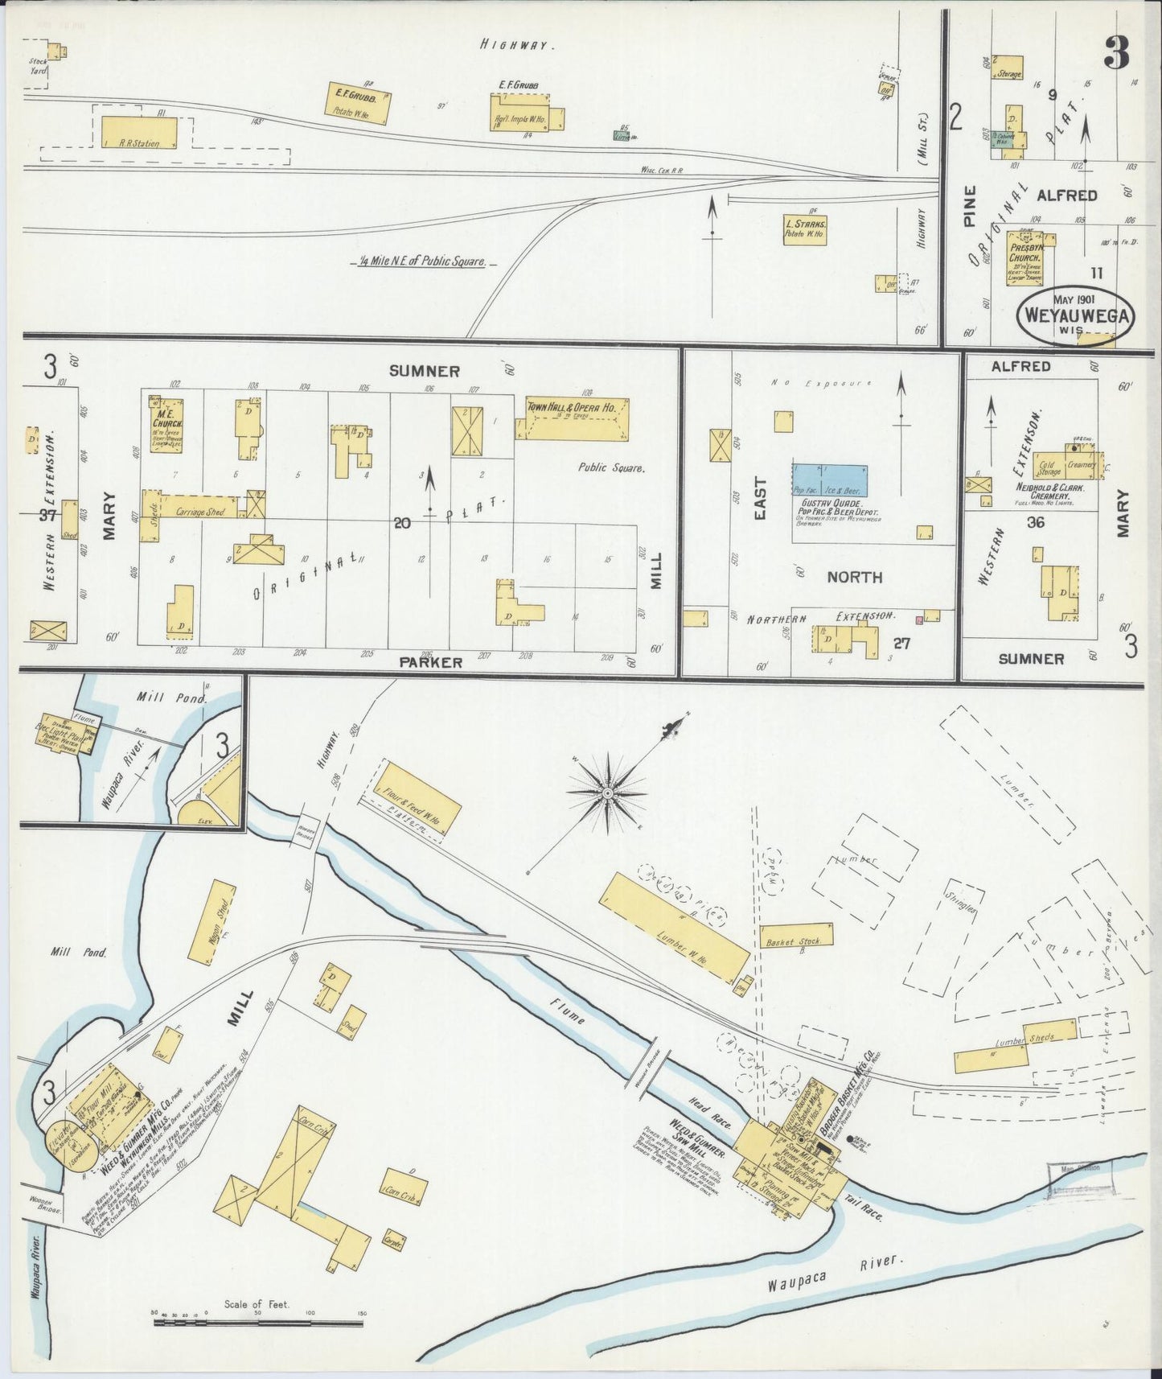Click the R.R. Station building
point(142,133)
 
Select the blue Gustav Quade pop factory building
point(829,480)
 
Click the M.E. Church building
point(166,422)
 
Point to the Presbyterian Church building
point(1027,258)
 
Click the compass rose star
point(608,793)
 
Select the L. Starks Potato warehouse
point(806,229)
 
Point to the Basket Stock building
point(796,935)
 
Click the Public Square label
point(611,467)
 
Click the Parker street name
point(431,662)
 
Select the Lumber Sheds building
point(1015,1045)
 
